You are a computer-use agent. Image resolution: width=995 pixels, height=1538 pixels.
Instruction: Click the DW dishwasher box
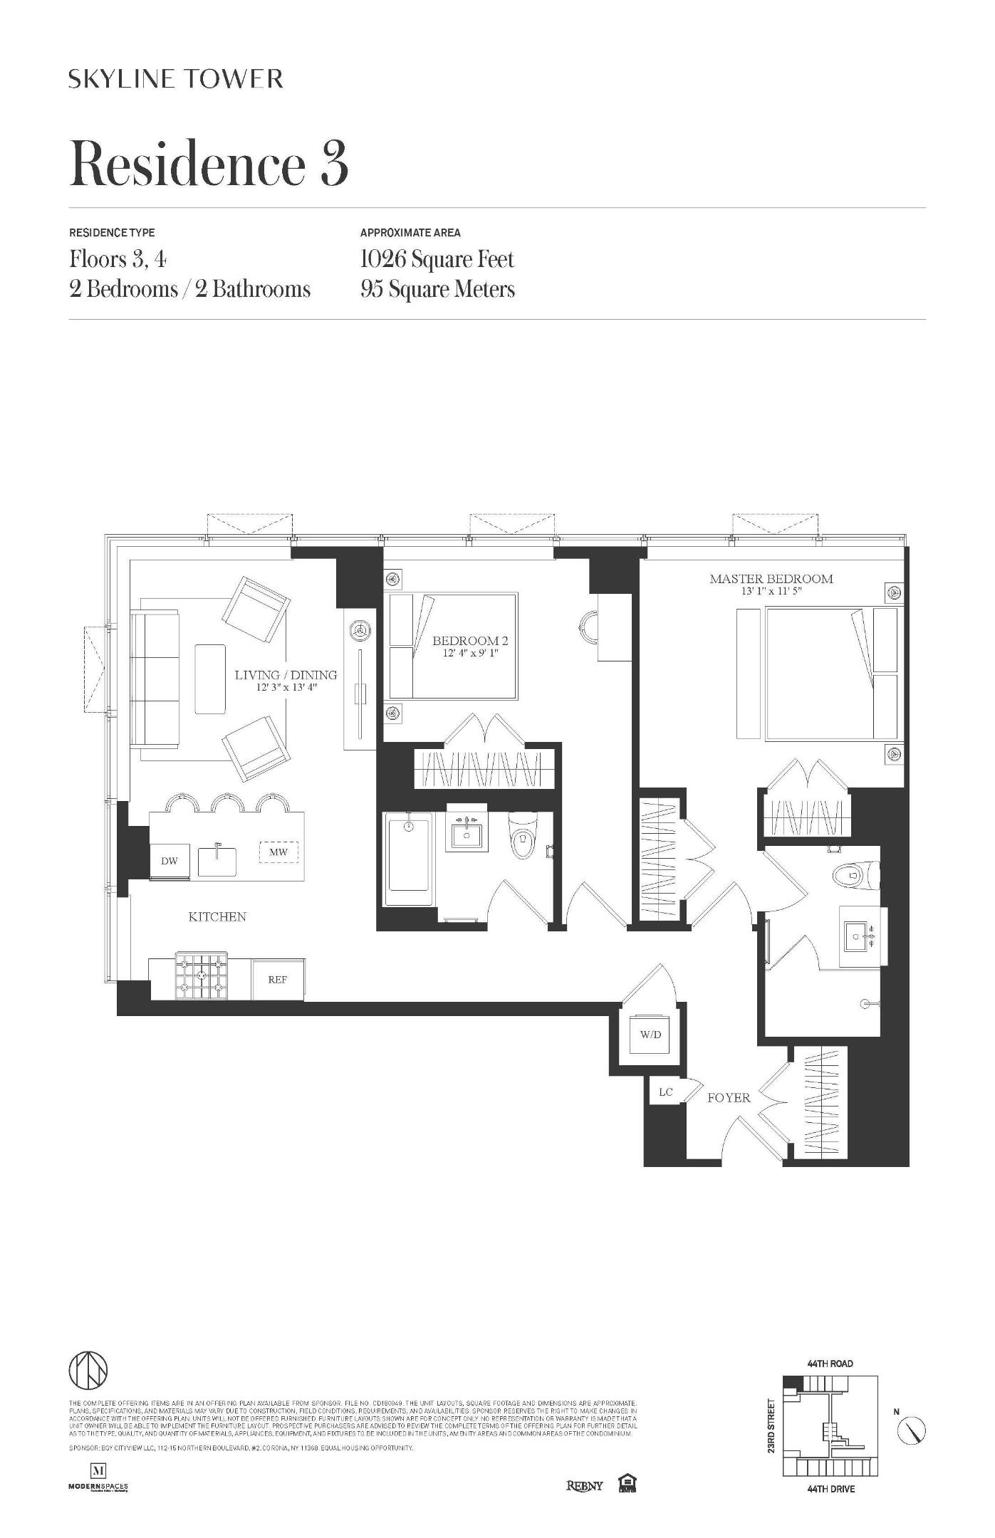[170, 861]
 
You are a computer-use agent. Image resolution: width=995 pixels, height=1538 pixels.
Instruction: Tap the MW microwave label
[278, 852]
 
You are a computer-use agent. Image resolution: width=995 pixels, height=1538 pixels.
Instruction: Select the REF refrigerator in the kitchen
[278, 980]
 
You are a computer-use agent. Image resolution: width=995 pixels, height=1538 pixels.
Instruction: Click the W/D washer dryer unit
[650, 1034]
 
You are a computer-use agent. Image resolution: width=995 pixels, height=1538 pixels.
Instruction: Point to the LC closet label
[665, 1092]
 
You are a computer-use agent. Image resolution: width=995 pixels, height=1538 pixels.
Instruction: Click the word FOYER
[729, 1098]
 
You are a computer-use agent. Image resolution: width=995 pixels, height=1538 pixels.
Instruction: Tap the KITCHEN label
[217, 917]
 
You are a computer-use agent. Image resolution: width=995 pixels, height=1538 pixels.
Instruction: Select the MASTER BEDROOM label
[771, 579]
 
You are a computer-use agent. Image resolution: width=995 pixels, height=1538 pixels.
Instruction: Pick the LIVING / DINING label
[286, 675]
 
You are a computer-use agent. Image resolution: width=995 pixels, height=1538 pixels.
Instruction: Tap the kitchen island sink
[217, 860]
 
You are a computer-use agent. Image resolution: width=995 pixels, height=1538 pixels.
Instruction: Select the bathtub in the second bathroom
[409, 860]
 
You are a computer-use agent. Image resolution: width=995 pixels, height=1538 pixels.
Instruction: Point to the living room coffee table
[210, 679]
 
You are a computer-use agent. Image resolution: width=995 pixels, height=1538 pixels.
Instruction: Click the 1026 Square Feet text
[437, 259]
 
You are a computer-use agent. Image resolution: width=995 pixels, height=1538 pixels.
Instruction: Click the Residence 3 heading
[209, 163]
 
